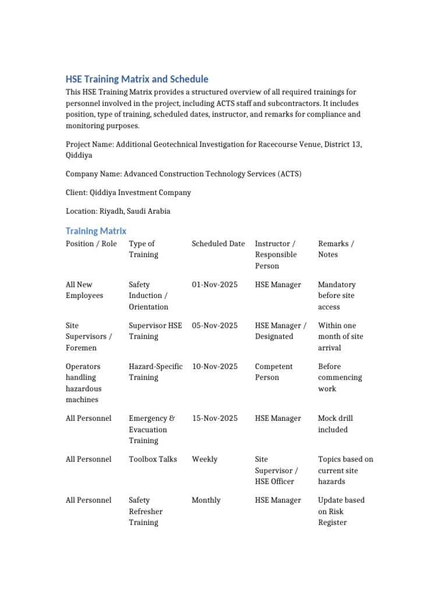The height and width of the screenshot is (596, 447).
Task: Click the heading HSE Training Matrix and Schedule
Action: tap(137, 79)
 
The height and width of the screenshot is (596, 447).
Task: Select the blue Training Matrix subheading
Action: tap(96, 231)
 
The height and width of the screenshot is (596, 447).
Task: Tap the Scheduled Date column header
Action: tap(218, 243)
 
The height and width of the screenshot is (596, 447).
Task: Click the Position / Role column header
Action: tap(91, 243)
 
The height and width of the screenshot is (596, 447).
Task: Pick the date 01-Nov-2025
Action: tap(215, 285)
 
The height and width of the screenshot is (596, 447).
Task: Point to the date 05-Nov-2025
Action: tap(215, 325)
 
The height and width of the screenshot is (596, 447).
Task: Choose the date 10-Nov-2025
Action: tap(215, 366)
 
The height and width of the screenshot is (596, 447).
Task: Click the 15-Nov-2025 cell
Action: tap(215, 418)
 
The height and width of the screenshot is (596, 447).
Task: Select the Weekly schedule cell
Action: tap(205, 459)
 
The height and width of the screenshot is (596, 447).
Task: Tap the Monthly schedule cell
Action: tap(206, 500)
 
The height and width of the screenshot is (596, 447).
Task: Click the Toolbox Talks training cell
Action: tap(153, 459)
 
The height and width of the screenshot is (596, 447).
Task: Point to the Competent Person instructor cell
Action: tap(274, 372)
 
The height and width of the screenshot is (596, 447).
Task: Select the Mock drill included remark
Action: tap(335, 424)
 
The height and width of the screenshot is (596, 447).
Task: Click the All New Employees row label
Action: tap(84, 290)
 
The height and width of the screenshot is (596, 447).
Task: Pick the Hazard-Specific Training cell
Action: tap(155, 372)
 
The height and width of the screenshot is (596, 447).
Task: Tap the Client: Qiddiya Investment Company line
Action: tap(128, 192)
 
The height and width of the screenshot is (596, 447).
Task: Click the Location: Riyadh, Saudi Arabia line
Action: tap(118, 211)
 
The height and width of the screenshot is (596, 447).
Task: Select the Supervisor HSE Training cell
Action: tap(155, 331)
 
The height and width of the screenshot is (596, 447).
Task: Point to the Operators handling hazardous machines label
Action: tap(84, 383)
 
